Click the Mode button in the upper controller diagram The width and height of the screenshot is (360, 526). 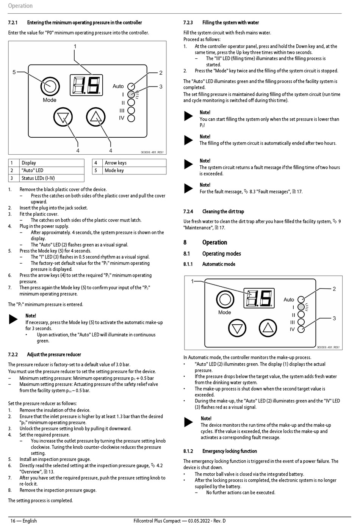click(50, 86)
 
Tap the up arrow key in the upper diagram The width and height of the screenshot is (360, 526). click(95, 117)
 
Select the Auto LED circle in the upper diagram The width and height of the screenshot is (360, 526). click(131, 86)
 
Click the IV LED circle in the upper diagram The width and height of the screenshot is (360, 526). click(131, 118)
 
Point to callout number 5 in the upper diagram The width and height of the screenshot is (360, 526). click(14, 72)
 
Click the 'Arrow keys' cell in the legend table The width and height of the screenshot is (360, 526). click(116, 163)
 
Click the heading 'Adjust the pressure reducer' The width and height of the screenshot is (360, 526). click(54, 355)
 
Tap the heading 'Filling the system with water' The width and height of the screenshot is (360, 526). click(230, 23)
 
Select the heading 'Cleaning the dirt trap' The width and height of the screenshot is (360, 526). click(223, 212)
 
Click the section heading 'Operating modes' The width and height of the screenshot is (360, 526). click(221, 254)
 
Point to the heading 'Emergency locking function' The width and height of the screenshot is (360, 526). click(229, 451)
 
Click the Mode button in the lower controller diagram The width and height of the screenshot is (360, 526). click(225, 299)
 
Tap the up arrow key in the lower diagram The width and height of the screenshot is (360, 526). click(268, 328)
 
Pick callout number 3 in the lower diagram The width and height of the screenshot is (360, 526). click(334, 318)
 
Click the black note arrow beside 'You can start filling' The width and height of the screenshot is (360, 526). click(188, 116)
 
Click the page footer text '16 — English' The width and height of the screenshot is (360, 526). click(23, 521)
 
